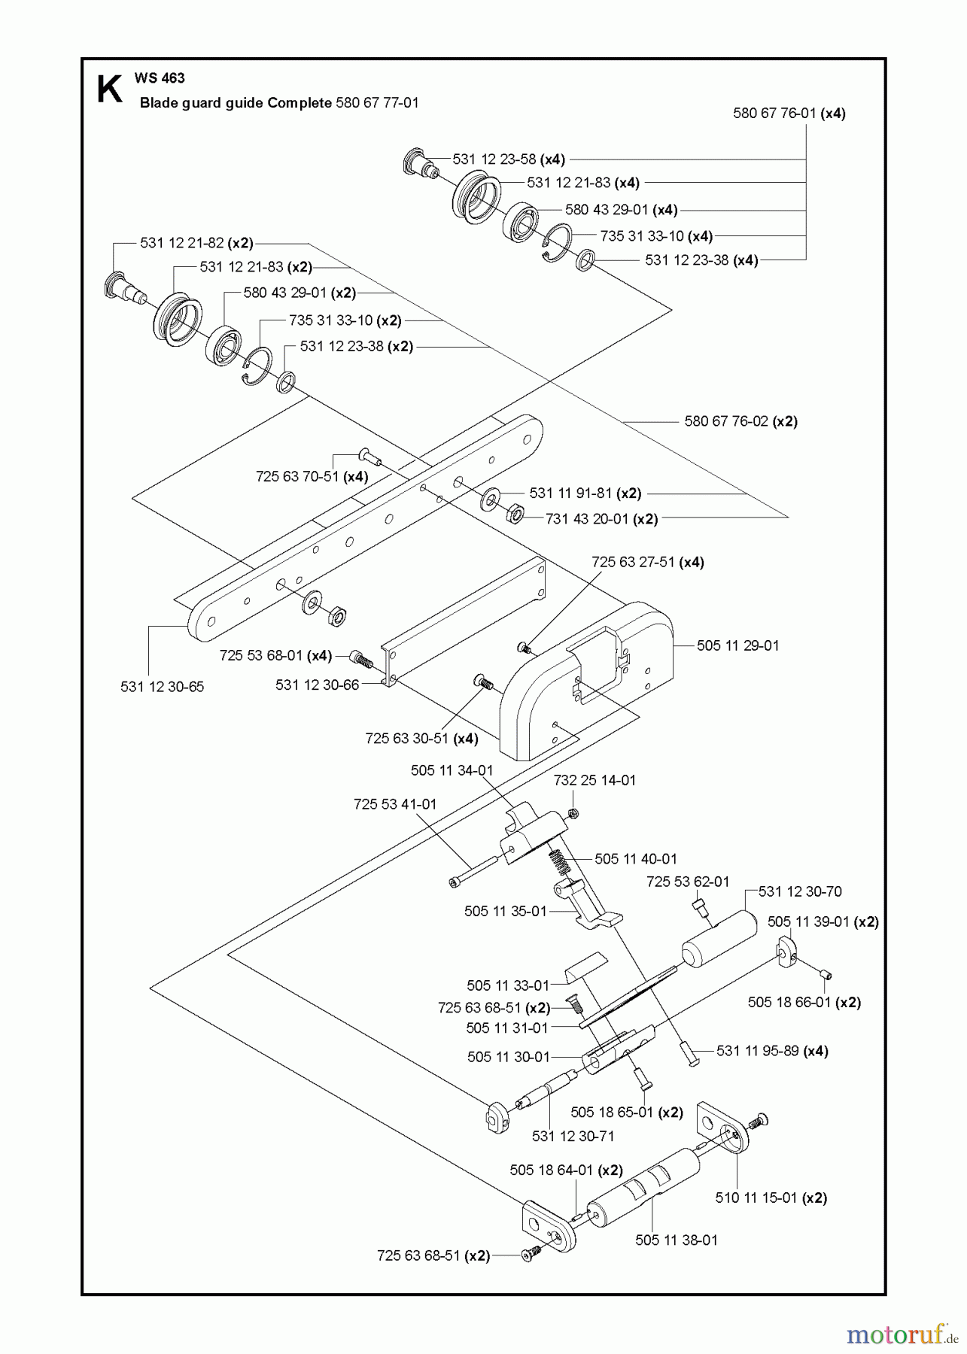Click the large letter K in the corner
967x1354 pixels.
(x=109, y=89)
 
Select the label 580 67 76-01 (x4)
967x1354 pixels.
(x=789, y=114)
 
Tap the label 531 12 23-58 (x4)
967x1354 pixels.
(x=509, y=159)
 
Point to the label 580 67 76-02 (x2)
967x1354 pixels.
(x=740, y=421)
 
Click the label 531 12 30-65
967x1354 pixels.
(x=162, y=687)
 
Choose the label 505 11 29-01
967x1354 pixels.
(x=737, y=645)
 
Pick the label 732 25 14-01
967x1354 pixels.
(x=594, y=780)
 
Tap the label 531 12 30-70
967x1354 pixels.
(x=800, y=891)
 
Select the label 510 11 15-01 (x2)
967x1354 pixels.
(x=771, y=1198)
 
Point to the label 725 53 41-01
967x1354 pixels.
(x=395, y=804)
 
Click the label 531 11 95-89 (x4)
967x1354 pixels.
(x=772, y=1051)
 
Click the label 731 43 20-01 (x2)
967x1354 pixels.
(x=601, y=519)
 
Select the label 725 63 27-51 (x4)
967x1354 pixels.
(x=647, y=562)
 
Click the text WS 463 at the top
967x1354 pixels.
(x=160, y=78)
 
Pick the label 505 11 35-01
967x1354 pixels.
(x=505, y=911)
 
